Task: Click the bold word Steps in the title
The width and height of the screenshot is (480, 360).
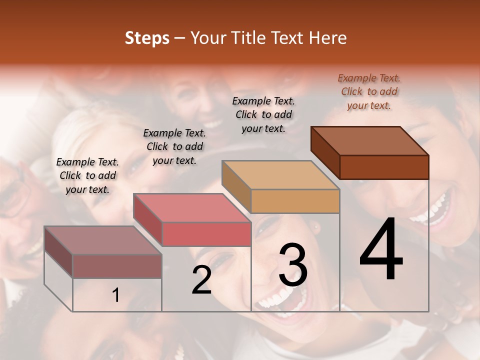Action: tap(147, 38)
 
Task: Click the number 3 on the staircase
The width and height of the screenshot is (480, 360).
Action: tap(293, 265)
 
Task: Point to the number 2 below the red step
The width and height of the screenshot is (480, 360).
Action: tap(201, 280)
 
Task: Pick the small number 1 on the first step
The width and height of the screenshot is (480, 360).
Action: tap(116, 295)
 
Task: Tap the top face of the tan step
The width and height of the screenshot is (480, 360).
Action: tap(280, 175)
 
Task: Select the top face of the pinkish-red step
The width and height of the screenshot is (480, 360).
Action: tap(191, 208)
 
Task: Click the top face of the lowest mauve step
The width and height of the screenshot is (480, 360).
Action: tap(102, 240)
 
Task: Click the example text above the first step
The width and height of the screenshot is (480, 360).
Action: tap(87, 175)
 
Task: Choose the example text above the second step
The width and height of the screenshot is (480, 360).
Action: tap(174, 146)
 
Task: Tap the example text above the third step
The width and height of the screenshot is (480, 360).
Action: tap(263, 114)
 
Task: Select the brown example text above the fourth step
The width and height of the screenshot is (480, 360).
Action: tap(369, 91)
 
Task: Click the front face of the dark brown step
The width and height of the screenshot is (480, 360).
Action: tap(384, 167)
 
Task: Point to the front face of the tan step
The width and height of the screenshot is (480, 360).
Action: tap(295, 201)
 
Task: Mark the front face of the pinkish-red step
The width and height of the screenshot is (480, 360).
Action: tap(206, 234)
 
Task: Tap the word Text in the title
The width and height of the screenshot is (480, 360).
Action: tap(289, 38)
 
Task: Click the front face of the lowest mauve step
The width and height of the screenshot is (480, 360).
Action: tap(117, 266)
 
